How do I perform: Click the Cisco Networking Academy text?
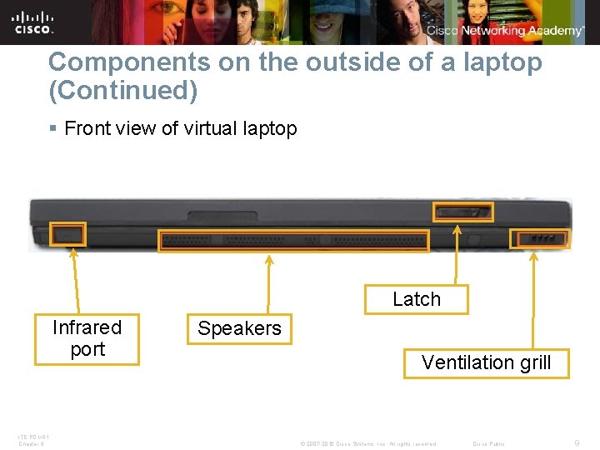505,31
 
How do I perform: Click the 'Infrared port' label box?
87,338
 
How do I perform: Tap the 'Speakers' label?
239,328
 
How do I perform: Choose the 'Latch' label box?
416,299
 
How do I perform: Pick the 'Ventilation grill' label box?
486,362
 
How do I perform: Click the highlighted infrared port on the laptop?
67,234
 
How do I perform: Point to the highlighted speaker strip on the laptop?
293,241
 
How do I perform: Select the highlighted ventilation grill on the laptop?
540,239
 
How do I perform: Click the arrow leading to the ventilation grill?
534,299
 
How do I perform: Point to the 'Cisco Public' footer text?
488,443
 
